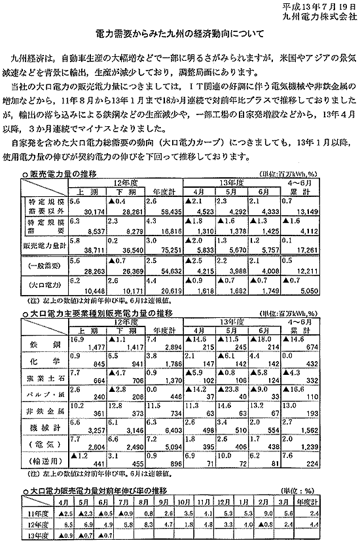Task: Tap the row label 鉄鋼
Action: [x=43, y=344]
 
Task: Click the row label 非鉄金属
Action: [x=43, y=414]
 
